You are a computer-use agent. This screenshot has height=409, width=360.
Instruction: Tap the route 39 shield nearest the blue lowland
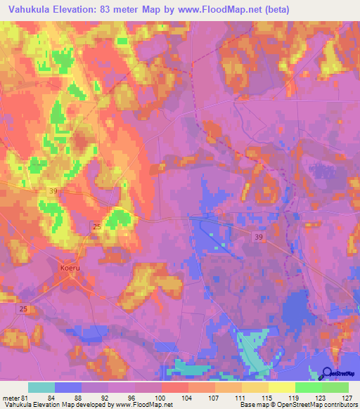coord(258,239)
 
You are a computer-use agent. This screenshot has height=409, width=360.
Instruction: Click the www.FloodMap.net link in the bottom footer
coord(151,405)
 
